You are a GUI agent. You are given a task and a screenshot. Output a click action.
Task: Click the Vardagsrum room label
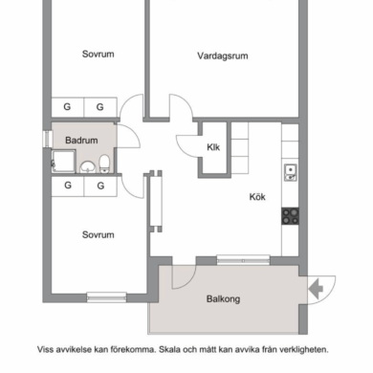click(223, 56)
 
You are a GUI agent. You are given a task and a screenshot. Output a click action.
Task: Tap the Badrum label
click(81, 141)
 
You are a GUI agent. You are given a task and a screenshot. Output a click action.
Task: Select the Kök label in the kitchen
click(257, 197)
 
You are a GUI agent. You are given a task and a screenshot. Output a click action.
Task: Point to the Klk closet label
click(213, 147)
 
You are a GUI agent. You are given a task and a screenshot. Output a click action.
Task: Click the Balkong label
click(223, 299)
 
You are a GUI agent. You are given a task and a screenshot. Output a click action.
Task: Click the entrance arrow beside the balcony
click(316, 289)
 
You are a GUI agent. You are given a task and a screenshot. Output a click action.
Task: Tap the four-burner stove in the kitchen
click(290, 216)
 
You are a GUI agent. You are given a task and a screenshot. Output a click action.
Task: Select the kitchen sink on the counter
click(291, 172)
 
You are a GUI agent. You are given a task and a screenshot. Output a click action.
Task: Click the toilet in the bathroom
click(104, 164)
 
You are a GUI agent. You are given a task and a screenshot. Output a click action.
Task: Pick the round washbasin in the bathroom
click(88, 166)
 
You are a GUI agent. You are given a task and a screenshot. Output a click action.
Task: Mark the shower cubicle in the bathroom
click(64, 162)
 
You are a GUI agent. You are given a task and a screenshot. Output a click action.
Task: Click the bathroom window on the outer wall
click(48, 139)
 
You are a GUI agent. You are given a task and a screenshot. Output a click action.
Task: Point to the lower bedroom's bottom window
click(106, 297)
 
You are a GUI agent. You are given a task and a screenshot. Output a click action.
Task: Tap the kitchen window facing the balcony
click(243, 260)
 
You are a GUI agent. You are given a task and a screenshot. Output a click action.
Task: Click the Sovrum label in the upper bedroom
click(99, 55)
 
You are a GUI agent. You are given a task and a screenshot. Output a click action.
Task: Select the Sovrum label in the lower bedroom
click(99, 235)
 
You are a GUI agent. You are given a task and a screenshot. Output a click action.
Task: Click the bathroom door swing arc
click(134, 131)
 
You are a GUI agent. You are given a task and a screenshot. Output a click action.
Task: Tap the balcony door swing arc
click(190, 280)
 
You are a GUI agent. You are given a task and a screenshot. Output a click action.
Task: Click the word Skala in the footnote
click(169, 349)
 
